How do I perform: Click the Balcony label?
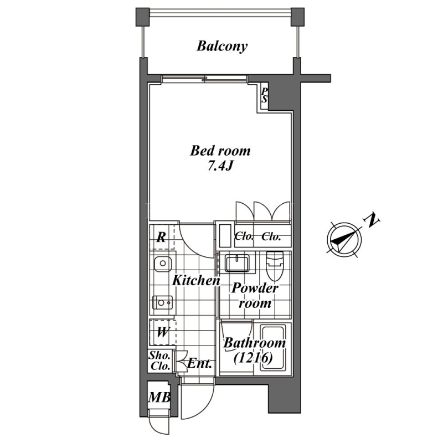pos(222,46)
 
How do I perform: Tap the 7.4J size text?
pos(220,166)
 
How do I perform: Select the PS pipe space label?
pos(265,95)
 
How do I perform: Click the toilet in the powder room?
pos(275,266)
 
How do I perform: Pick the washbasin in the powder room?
pos(237,264)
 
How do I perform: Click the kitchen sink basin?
pos(163,264)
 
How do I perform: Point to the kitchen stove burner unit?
pos(162,302)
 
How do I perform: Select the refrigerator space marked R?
pos(161,237)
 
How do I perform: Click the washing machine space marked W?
pos(162,333)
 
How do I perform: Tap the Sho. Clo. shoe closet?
pos(160,361)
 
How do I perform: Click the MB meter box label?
pos(159,398)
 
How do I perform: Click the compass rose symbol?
pos(344,240)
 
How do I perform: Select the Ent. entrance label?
pos(199,363)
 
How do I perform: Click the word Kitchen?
pos(196,280)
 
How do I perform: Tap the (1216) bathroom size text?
pos(253,358)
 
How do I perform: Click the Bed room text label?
pos(220,151)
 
